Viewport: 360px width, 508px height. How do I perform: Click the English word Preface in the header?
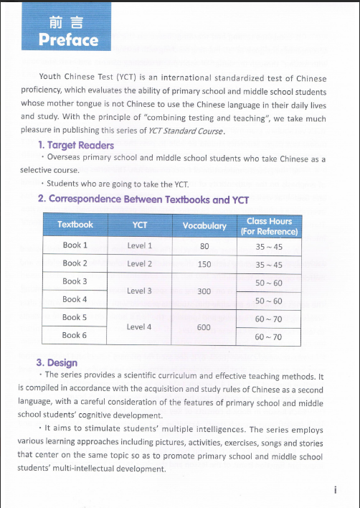coord(69,39)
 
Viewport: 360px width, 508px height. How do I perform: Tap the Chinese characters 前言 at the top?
coord(68,22)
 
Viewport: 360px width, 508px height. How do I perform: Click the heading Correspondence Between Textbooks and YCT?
coord(148,199)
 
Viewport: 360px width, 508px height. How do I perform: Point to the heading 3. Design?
coord(57,362)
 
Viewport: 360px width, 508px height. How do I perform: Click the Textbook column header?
coord(75,225)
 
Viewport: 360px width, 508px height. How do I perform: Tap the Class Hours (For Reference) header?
coord(269,226)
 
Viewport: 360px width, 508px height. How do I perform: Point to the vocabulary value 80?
coord(204,246)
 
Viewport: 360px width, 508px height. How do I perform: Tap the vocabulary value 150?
coord(204,264)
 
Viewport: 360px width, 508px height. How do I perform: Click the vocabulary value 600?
coord(204,327)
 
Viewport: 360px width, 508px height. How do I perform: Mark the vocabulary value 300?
coord(204,291)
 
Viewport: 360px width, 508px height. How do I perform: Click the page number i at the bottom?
coord(335,490)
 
